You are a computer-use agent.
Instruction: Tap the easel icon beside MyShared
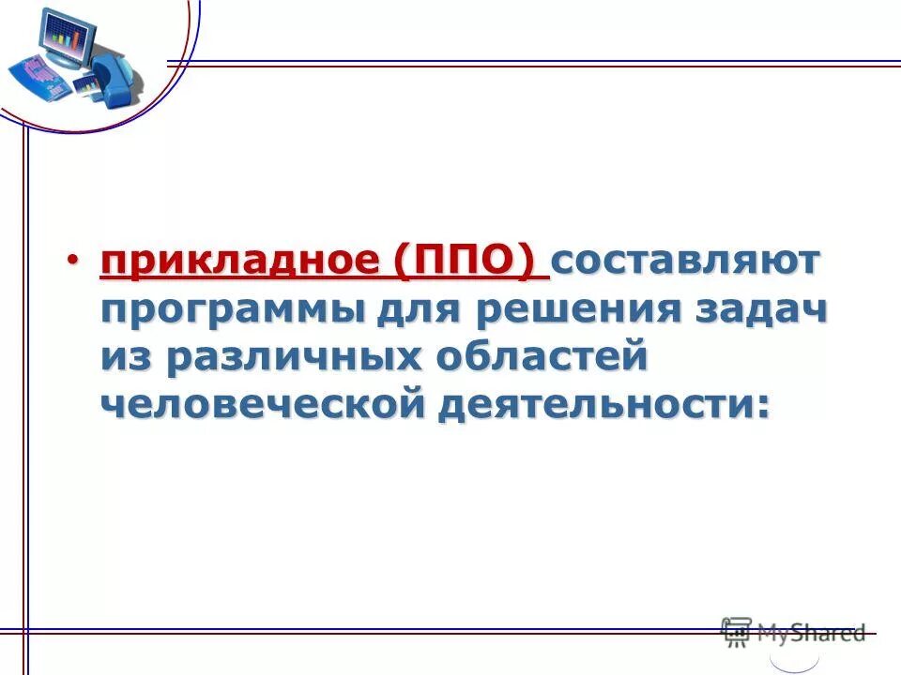736,632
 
